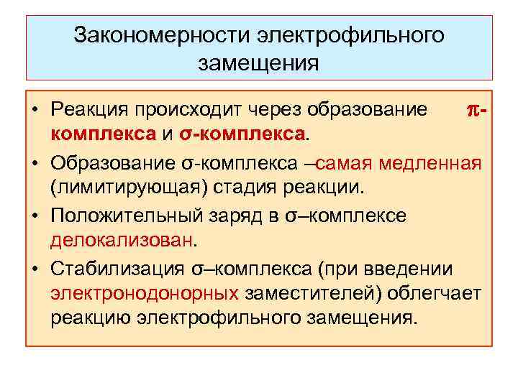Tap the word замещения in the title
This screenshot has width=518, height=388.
(258, 63)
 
